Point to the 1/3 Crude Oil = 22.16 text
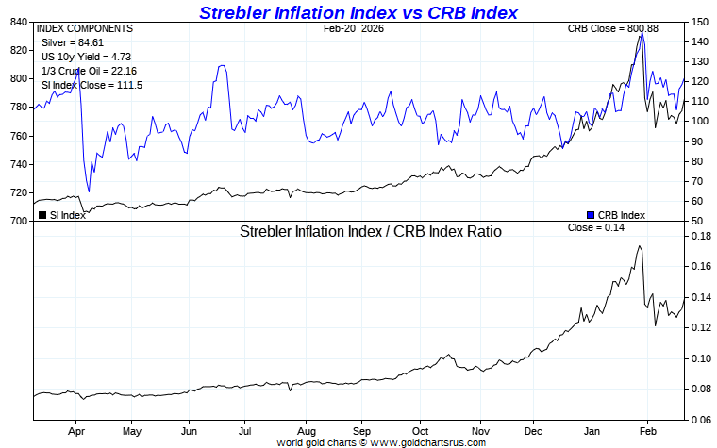click(x=84, y=71)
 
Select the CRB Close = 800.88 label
click(x=612, y=28)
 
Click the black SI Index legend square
click(x=42, y=215)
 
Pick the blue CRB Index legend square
click(x=591, y=215)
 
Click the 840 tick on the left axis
click(x=18, y=22)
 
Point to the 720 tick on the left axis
click(x=18, y=193)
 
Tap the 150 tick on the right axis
click(x=699, y=22)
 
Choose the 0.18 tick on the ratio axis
click(x=699, y=237)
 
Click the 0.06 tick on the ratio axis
click(x=699, y=420)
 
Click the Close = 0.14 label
click(x=597, y=228)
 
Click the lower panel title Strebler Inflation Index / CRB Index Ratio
click(x=371, y=231)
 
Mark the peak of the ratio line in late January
click(x=641, y=246)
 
